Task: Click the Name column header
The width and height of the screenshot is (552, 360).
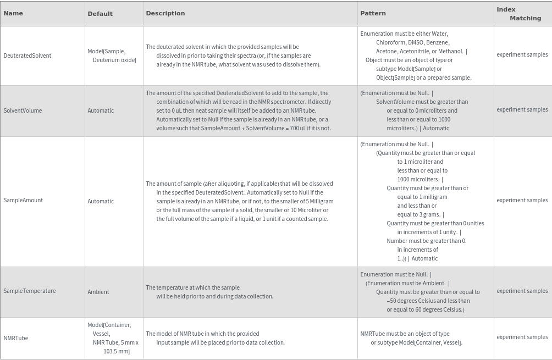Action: [x=13, y=13]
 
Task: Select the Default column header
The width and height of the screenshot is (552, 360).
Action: [x=100, y=14]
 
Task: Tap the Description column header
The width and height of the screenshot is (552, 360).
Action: [x=165, y=13]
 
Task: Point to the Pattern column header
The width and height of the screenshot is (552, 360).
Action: [x=373, y=13]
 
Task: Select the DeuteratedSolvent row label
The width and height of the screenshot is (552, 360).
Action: [x=27, y=56]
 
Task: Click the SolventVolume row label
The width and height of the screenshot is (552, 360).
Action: [x=23, y=110]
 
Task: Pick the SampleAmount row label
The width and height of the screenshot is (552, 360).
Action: [x=23, y=200]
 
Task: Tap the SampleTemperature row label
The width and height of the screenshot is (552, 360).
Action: [x=30, y=291]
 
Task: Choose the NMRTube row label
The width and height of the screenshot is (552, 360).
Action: [x=16, y=338]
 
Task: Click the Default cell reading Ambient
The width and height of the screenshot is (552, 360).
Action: [x=98, y=292]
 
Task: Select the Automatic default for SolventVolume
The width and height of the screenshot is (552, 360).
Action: [x=101, y=110]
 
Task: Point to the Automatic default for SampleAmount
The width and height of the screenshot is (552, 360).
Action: [x=101, y=201]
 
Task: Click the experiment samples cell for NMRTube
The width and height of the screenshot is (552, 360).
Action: [x=522, y=337]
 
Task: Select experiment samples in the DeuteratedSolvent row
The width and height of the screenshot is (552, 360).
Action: [x=522, y=54]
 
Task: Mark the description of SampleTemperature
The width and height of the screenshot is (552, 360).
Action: [x=209, y=292]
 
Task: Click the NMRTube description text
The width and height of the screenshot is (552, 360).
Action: [x=215, y=338]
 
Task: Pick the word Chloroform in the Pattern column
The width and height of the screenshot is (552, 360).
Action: [x=390, y=42]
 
